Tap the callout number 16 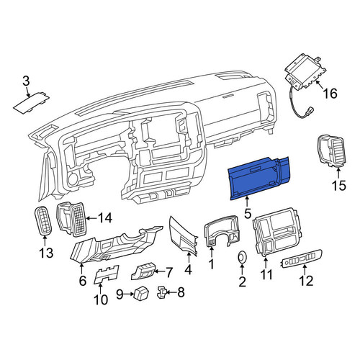tap(330, 94)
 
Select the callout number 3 tap(26, 81)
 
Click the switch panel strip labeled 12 tap(301, 258)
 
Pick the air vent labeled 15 tap(331, 151)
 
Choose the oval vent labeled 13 tap(43, 221)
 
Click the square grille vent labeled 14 tap(71, 219)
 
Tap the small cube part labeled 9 tap(141, 292)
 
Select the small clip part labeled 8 tap(161, 292)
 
